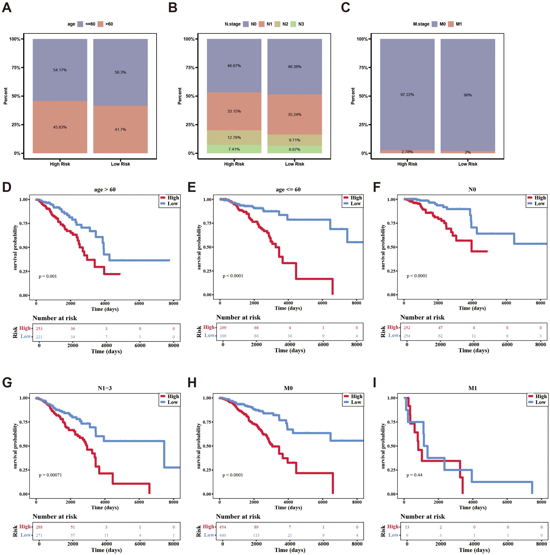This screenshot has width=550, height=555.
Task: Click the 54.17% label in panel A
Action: coord(60,70)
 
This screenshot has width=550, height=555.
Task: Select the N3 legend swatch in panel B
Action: coord(293,24)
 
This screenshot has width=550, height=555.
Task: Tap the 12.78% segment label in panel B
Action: coord(234,138)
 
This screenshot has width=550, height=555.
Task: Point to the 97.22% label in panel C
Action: coord(407,95)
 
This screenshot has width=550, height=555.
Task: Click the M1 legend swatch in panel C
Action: coord(451,24)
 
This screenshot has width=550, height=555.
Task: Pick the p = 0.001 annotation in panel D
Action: coord(48,276)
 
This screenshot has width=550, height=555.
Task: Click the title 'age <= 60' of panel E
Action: coord(288,190)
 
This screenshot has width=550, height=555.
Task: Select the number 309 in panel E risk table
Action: coord(223,336)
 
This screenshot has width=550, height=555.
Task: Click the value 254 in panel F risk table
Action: coord(407,336)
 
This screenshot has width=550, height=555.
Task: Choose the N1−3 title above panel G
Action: coord(105,388)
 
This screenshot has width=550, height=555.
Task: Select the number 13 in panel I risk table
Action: coord(407,527)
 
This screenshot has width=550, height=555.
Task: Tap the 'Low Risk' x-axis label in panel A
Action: coord(120,164)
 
